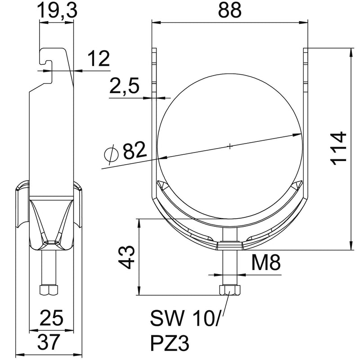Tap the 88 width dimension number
pyautogui.click(x=230, y=10)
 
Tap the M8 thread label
pyautogui.click(x=264, y=262)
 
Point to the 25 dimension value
pyautogui.click(x=51, y=318)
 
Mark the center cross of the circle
pyautogui.click(x=230, y=146)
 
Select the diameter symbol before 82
pyautogui.click(x=110, y=154)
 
